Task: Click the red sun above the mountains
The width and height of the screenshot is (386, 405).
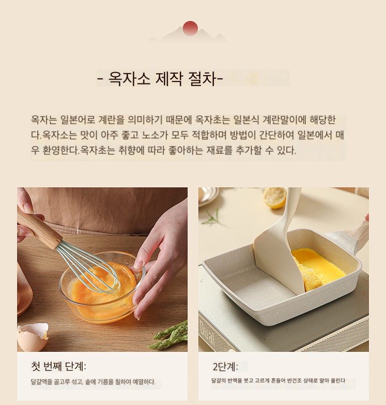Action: click(x=190, y=28)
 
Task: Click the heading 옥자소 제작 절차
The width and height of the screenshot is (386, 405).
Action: click(x=160, y=78)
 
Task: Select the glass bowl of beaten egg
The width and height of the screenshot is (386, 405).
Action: click(x=102, y=287)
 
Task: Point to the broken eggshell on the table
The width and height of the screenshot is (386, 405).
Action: click(x=32, y=336)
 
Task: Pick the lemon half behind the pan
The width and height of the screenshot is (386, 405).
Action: click(x=274, y=198)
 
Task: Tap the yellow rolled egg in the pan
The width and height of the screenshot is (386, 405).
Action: click(x=319, y=269)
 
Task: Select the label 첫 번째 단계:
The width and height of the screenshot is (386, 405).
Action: click(x=59, y=366)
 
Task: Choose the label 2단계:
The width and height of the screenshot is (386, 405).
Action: click(x=225, y=366)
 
